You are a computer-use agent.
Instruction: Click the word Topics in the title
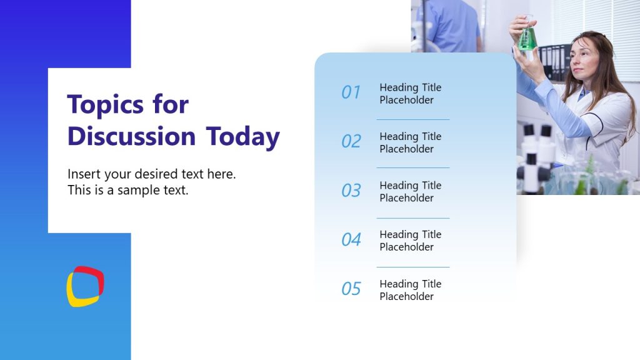click(100, 105)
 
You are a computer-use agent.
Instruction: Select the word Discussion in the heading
click(131, 137)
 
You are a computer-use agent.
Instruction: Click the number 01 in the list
click(351, 92)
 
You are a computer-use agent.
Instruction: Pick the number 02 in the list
click(351, 141)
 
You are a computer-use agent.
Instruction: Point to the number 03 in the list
click(351, 191)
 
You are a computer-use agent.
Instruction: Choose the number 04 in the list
click(351, 239)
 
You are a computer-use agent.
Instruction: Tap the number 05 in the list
click(351, 289)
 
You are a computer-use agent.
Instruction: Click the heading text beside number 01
click(410, 94)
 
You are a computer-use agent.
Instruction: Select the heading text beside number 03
click(410, 192)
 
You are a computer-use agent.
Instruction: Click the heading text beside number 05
click(410, 290)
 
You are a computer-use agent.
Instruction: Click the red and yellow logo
click(85, 287)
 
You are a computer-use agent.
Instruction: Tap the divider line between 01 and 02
click(412, 119)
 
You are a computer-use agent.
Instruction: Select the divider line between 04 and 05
click(412, 267)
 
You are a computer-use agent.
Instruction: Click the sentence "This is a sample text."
click(127, 191)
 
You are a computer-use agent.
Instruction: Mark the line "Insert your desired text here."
click(151, 174)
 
